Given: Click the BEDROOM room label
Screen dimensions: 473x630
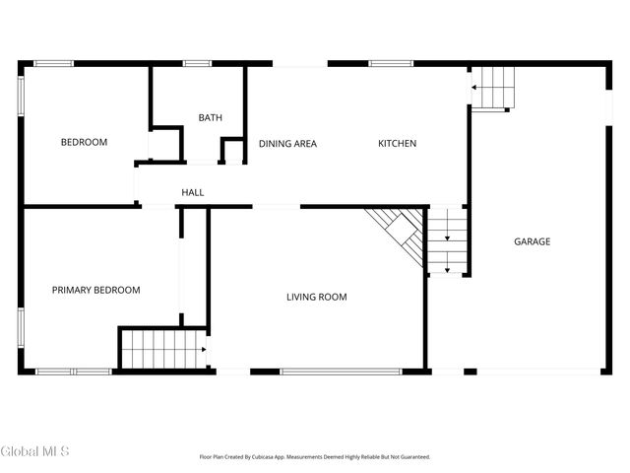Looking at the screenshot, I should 84,143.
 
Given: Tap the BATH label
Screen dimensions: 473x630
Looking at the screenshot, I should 210,118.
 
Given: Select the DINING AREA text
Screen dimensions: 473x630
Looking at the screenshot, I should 287,144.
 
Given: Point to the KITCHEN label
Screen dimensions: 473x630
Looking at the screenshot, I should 398,144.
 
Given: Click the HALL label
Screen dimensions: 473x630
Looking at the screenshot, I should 193,192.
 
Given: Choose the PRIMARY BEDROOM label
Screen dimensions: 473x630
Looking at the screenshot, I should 95,291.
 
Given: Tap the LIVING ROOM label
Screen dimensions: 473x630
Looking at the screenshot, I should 316,297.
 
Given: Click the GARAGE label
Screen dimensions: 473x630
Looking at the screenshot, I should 532,241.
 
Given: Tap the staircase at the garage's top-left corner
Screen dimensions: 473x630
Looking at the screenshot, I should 493,88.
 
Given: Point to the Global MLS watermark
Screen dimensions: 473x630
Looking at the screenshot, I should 35,451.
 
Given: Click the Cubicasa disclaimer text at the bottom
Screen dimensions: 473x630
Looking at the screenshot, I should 315,457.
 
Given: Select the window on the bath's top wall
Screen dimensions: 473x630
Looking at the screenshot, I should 197,64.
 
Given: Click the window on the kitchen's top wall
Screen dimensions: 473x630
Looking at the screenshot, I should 391,64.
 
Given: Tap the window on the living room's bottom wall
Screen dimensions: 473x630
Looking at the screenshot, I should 340,372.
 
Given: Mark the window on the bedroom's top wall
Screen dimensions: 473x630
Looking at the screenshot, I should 53,64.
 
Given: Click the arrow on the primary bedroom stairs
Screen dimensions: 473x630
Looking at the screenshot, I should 202,349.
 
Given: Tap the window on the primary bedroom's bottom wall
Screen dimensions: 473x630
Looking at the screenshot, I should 74,372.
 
